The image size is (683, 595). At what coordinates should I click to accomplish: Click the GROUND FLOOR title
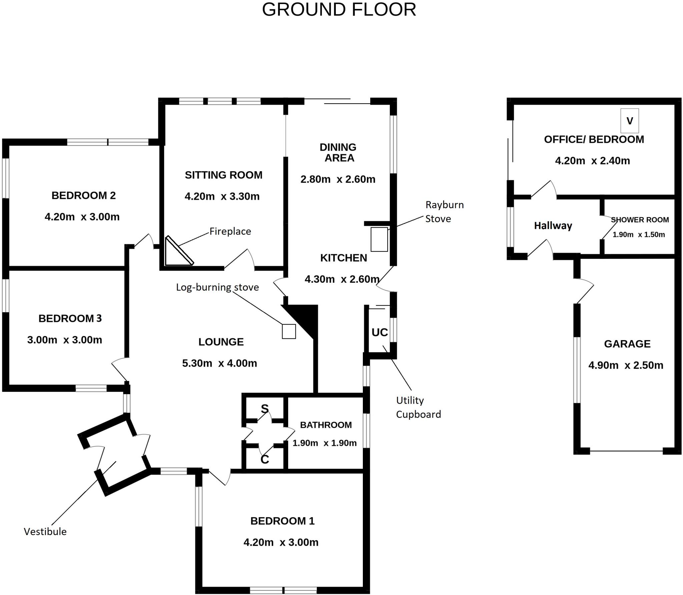point(339,10)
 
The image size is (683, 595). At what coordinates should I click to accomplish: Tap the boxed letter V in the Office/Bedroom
point(630,121)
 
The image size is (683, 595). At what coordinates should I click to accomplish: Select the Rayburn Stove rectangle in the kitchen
point(379,239)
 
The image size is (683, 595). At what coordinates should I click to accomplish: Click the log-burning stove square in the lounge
point(289,331)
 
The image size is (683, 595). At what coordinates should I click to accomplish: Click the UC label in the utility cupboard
point(380,332)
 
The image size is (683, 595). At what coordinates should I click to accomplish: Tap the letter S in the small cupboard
point(264,408)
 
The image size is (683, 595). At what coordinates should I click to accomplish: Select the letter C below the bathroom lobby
point(264,459)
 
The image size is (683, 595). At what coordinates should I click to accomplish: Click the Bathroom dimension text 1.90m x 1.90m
point(324,443)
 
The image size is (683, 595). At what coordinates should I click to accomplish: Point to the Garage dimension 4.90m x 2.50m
point(626,365)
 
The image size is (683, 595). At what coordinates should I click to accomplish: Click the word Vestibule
point(45,531)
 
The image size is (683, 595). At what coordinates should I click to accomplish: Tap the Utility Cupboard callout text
point(418,407)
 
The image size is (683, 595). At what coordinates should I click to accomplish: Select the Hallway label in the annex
point(553,226)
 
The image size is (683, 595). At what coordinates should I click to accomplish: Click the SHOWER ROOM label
point(640,220)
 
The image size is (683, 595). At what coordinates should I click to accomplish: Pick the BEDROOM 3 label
point(70,318)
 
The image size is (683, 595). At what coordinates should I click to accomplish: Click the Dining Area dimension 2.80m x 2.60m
point(338,179)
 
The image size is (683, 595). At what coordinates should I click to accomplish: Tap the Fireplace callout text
point(230,231)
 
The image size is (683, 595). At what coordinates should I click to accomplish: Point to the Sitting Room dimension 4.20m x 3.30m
point(222,196)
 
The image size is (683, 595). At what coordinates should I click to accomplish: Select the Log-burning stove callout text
point(217,287)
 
